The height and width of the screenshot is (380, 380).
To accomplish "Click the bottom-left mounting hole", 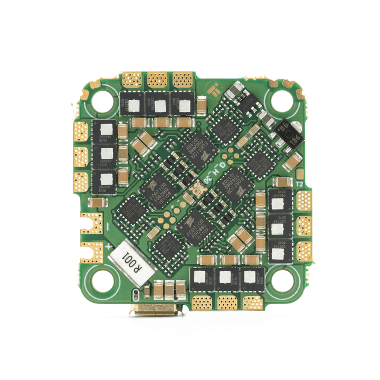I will coord(101,278).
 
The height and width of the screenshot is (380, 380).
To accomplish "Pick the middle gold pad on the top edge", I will coord(157,80).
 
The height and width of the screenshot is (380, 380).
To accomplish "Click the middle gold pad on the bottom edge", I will coord(227,302).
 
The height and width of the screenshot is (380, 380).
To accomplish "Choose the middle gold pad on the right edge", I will coord(304,226).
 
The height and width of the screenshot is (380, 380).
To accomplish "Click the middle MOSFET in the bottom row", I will coord(226,277).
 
